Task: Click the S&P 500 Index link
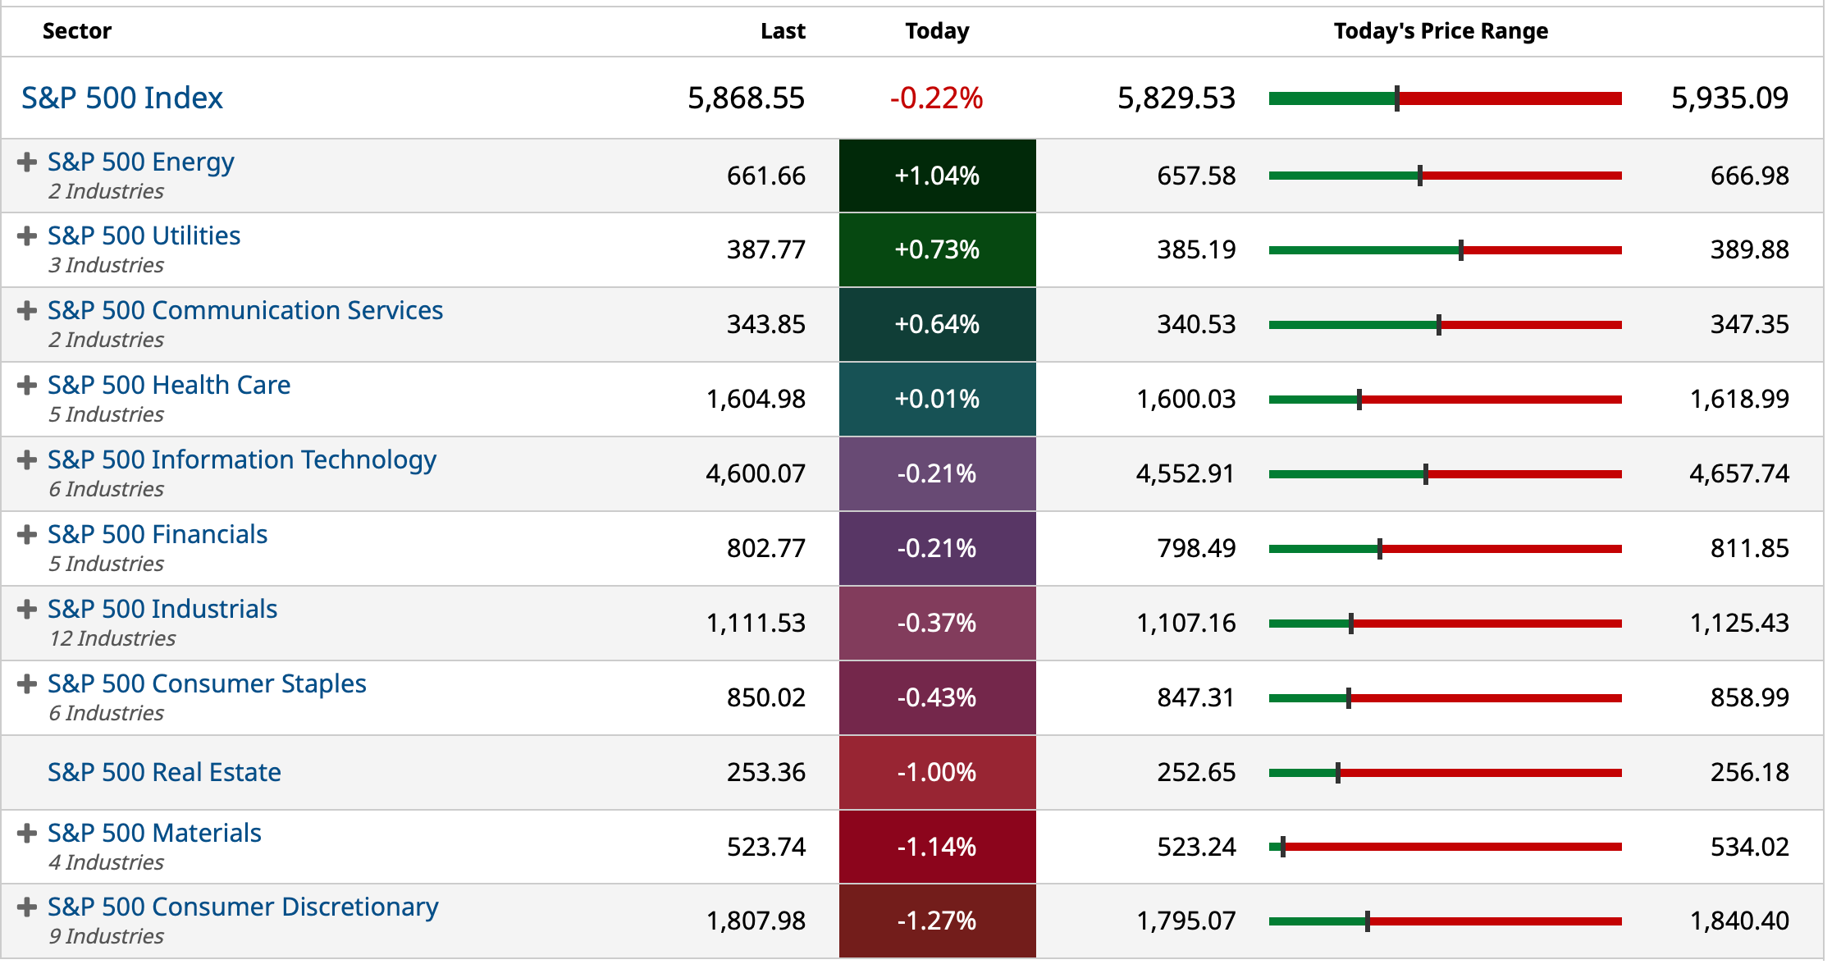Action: [x=122, y=98]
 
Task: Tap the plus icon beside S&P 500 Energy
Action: [x=27, y=162]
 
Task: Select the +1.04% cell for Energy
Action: [x=937, y=176]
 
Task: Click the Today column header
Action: [x=937, y=31]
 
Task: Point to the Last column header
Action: [x=783, y=31]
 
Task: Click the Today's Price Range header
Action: [x=1441, y=31]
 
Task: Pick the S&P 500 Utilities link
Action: [x=144, y=236]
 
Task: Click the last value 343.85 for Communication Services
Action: [x=765, y=324]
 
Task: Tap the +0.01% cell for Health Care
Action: [x=937, y=399]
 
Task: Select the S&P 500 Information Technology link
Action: [x=241, y=460]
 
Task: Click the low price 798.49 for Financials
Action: [x=1196, y=548]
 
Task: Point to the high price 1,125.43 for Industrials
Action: [x=1738, y=623]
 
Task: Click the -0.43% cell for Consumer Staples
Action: [x=937, y=697]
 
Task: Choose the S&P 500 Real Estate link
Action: [x=164, y=772]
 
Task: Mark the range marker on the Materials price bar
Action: [x=1283, y=847]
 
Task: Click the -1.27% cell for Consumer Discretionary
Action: [x=937, y=921]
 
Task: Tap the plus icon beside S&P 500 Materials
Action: [x=27, y=833]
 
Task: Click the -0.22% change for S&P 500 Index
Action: [x=936, y=98]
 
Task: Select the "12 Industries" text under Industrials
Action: [x=112, y=638]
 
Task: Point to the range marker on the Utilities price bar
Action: [x=1461, y=250]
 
